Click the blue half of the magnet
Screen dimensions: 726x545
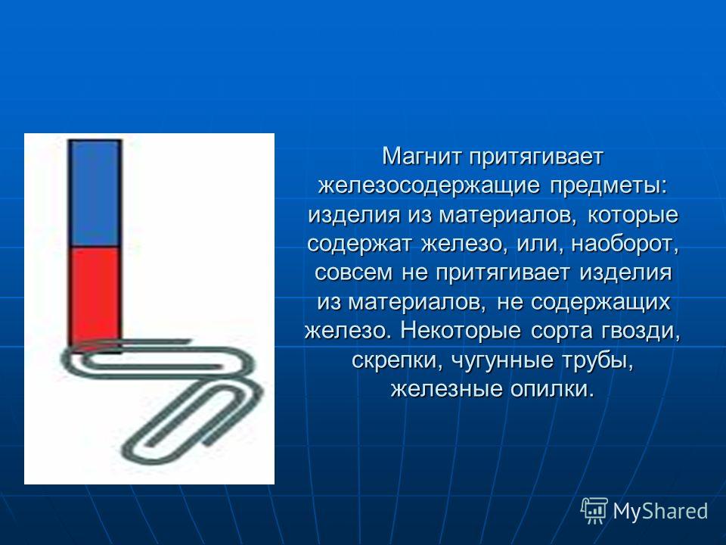pyautogui.click(x=95, y=193)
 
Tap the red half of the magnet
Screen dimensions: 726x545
pyautogui.click(x=95, y=297)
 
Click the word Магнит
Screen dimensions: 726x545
pyautogui.click(x=422, y=157)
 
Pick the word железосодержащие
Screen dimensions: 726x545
pyautogui.click(x=429, y=186)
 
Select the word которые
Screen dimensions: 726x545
pyautogui.click(x=633, y=215)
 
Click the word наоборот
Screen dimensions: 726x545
pyautogui.click(x=625, y=244)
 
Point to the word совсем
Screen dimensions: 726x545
pyautogui.click(x=353, y=272)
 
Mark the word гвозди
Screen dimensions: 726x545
pyautogui.click(x=641, y=331)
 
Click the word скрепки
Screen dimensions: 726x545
pyautogui.click(x=395, y=360)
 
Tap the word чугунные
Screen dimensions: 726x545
pyautogui.click(x=502, y=360)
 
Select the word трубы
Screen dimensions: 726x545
pyautogui.click(x=598, y=360)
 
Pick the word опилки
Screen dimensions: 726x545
pyautogui.click(x=552, y=389)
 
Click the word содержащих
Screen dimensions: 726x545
pyautogui.click(x=600, y=302)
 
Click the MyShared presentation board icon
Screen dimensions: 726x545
pyautogui.click(x=594, y=511)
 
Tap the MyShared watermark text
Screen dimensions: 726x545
pyautogui.click(x=660, y=511)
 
